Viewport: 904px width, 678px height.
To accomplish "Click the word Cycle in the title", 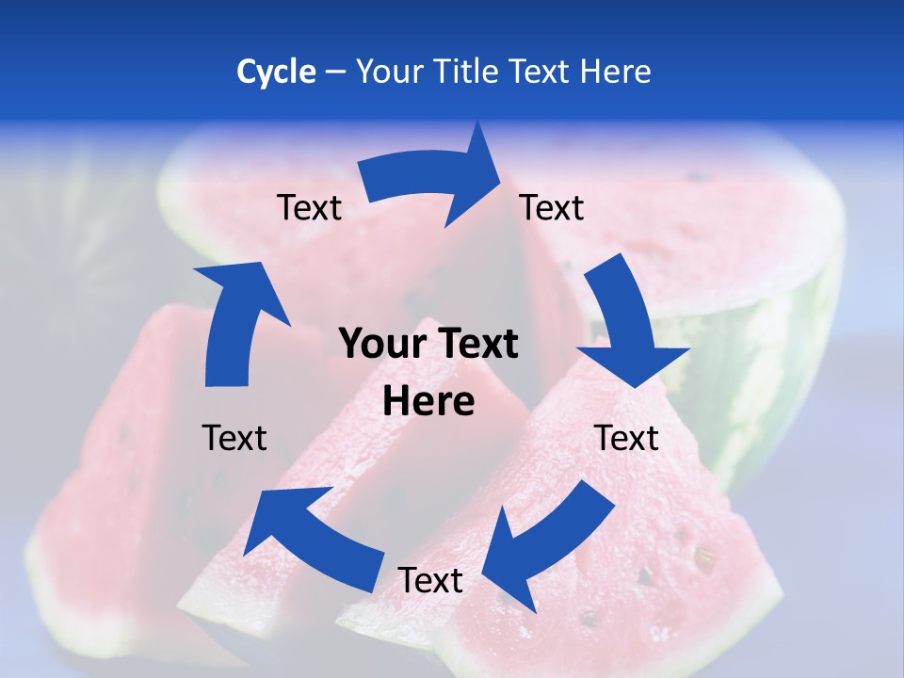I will [276, 72].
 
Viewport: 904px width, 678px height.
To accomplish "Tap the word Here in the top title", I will [615, 72].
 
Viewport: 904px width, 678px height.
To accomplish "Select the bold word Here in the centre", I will [428, 401].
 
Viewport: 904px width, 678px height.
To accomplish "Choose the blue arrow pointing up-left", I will [311, 537].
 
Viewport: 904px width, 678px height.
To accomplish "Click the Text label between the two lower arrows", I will [430, 581].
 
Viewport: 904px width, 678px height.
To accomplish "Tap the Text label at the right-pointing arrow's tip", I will [552, 207].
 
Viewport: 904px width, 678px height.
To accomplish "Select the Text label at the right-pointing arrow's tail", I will [310, 207].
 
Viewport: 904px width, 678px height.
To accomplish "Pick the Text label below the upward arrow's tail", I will [234, 438].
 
